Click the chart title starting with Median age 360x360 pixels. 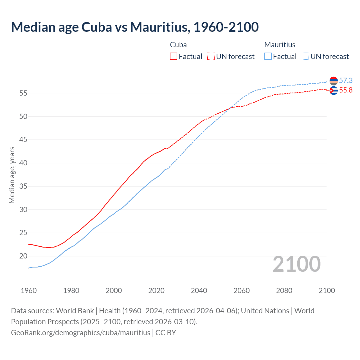coord(135,27)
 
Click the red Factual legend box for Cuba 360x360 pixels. coord(174,56)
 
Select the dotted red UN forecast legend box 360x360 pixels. coord(211,56)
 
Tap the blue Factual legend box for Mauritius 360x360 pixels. coord(268,56)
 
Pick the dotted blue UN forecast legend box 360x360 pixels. coord(305,56)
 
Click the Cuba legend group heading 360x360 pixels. coord(178,45)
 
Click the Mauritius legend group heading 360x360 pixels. coord(280,45)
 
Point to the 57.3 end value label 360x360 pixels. coord(346,81)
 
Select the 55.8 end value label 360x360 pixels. coord(346,90)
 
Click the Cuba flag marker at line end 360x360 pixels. coord(334,91)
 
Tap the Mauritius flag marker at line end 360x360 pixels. coord(334,81)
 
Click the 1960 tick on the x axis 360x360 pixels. coord(29,291)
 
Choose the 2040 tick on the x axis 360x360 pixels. coord(199,291)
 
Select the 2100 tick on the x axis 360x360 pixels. coord(327,291)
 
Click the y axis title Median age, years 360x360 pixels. coord(12,175)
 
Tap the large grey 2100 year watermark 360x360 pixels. coord(296,264)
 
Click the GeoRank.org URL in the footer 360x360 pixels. coord(81,333)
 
